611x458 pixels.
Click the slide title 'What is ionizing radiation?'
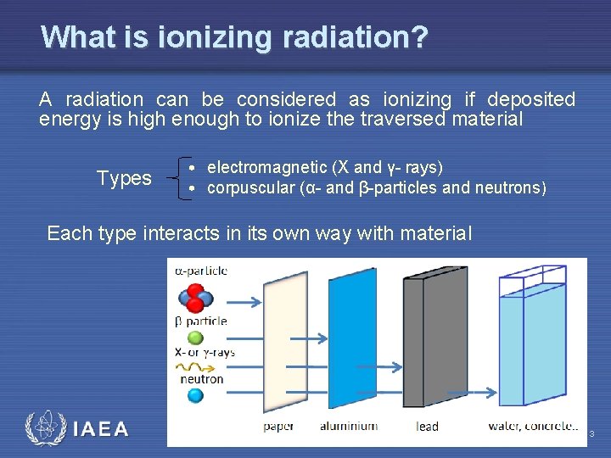pos(234,37)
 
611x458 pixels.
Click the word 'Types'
pos(124,178)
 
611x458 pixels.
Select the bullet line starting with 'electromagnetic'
pos(324,167)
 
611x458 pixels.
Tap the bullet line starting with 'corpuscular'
pos(377,187)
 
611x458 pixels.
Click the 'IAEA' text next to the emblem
pos(101,429)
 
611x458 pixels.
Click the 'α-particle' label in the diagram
pos(201,271)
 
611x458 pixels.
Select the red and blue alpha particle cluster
pos(194,299)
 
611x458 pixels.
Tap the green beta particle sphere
pos(195,338)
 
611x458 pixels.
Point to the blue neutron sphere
pos(195,395)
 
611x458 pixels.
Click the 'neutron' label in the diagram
pos(201,379)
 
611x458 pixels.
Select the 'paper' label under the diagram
pos(278,426)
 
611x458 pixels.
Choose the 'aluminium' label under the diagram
pos(348,426)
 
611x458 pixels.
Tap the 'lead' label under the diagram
pos(428,426)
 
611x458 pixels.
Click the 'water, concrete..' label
pos(533,426)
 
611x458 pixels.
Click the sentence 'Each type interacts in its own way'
pos(259,233)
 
